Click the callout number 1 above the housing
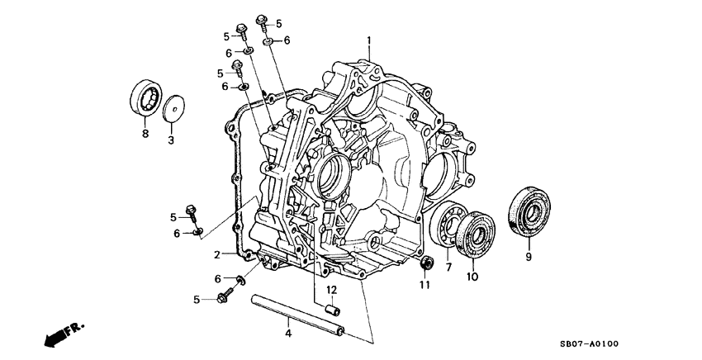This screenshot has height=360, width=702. [369, 39]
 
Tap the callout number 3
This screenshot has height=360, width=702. [171, 141]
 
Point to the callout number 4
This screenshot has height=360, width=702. [287, 334]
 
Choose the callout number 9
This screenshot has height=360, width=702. [529, 257]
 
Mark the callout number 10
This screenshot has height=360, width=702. [472, 277]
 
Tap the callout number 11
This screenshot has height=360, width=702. [425, 286]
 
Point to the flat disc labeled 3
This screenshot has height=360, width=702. [173, 110]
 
